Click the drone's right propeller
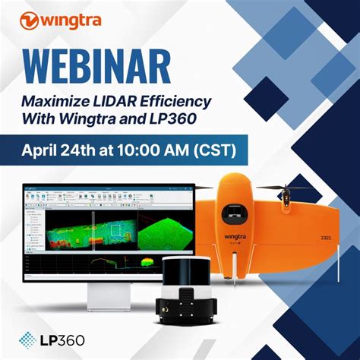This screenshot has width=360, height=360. (288, 188)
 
